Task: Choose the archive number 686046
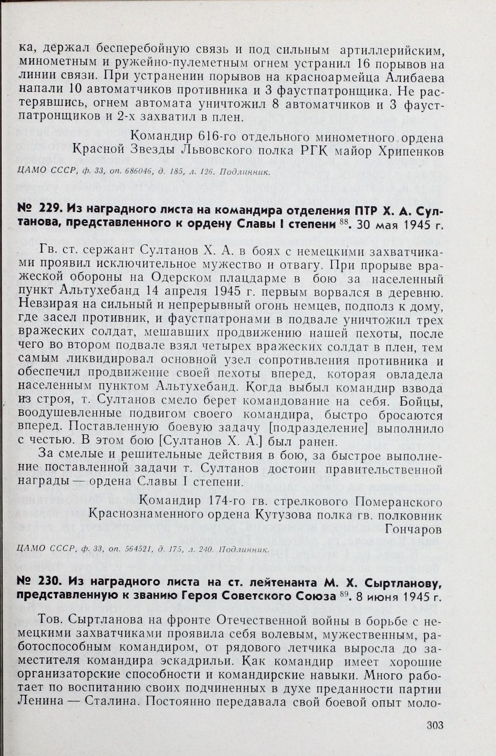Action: click(x=134, y=172)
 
